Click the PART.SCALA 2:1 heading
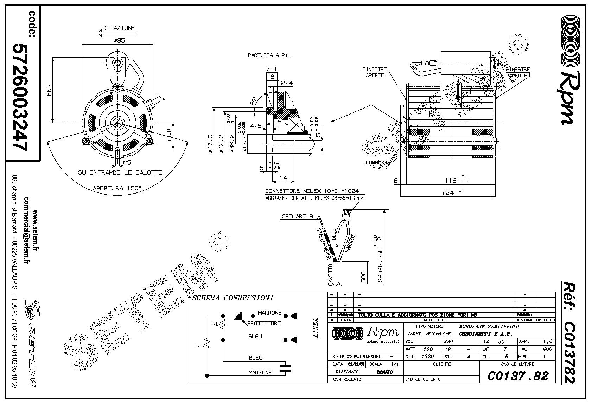point(269,55)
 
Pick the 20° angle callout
point(253,102)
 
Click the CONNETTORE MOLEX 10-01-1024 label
point(312,191)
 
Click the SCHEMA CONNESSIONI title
point(233,298)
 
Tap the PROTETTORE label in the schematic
point(264,323)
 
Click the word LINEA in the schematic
point(316,328)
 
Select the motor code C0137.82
point(517,376)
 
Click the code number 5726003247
point(20,98)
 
